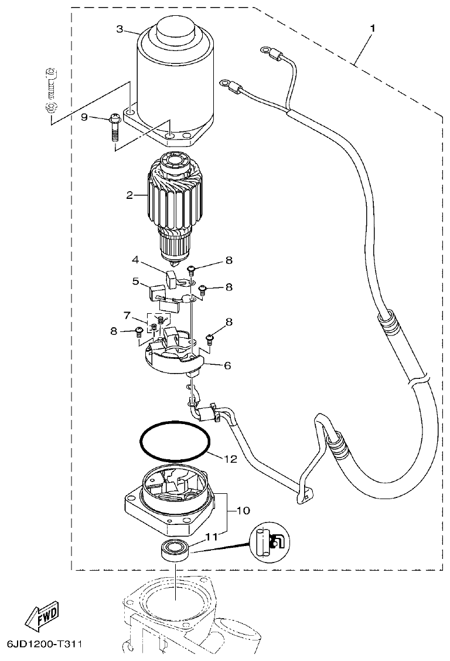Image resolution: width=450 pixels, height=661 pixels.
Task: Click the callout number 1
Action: point(373,28)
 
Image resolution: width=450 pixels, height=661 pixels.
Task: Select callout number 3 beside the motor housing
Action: point(120,29)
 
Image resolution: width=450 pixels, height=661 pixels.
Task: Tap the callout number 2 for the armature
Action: point(129,195)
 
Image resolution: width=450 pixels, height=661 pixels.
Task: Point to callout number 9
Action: point(84,117)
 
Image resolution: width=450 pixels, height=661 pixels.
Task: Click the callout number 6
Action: point(226,365)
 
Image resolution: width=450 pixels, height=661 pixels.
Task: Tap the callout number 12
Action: point(230,459)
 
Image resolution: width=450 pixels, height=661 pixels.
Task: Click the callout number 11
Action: point(210,535)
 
